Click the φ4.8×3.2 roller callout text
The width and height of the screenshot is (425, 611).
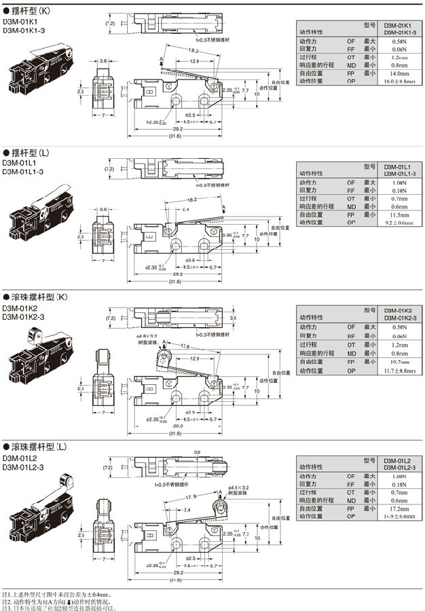(x=147, y=336)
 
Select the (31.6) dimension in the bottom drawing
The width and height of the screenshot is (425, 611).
(x=175, y=580)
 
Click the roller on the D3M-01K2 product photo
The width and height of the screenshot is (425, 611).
(x=33, y=333)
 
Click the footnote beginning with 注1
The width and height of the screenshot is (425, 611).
(x=58, y=594)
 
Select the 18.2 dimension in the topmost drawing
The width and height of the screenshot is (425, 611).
(x=193, y=51)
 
